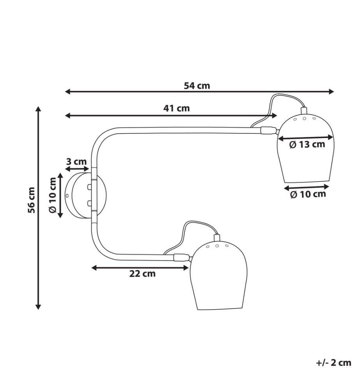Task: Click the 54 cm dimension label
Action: pos(197,86)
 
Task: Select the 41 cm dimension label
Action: pos(176,108)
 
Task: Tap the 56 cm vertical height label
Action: pos(31,200)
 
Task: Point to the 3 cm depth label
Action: pos(76,162)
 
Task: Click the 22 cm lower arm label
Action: pos(142,274)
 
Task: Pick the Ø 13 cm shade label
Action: pos(307,144)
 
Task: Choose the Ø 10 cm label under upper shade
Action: pos(308,194)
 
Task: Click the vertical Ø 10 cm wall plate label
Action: pos(53,195)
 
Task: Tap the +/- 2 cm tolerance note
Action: pos(334,363)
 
